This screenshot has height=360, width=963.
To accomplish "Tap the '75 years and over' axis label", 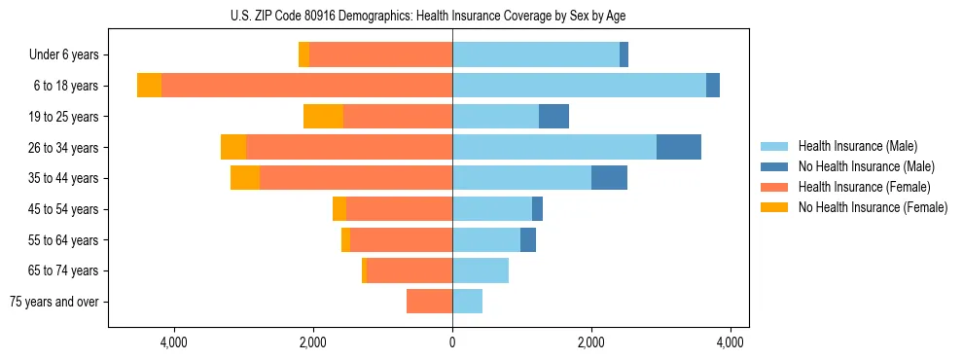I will [54, 302].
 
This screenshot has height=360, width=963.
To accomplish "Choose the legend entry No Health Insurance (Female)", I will [873, 207].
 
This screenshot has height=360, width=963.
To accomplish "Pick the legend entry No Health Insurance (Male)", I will [866, 166].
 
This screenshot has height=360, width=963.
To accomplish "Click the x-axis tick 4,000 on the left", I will [173, 342].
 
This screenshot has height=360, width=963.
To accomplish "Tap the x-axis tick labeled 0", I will [452, 342].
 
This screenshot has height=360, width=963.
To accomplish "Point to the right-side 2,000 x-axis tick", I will [591, 342].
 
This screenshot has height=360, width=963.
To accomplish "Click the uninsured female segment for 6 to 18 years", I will [149, 86].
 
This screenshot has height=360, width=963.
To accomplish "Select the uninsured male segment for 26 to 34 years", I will [679, 147].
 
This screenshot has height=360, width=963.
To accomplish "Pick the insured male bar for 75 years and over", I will [467, 302].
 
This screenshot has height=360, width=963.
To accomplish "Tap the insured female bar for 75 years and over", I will [429, 302].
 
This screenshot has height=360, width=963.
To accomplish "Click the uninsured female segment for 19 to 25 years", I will [323, 117].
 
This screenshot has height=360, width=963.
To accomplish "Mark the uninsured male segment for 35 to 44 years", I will [609, 178].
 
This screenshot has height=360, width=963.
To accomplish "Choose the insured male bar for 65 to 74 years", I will [481, 270].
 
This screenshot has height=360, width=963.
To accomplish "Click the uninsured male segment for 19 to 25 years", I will [553, 117].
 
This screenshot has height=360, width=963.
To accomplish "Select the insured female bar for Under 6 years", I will [380, 55].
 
